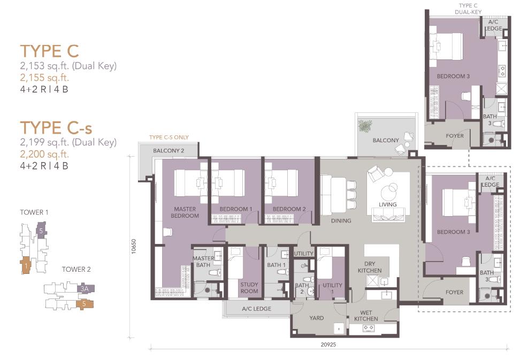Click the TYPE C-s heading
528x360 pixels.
(56, 128)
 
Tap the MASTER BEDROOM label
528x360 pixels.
(185, 212)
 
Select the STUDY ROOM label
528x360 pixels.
(249, 288)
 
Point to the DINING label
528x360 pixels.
(341, 220)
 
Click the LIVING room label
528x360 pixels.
(388, 204)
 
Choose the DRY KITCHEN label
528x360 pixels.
(370, 267)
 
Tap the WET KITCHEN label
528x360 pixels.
(366, 316)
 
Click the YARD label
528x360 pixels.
(317, 318)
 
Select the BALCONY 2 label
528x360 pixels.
(169, 150)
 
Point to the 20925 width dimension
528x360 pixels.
(328, 344)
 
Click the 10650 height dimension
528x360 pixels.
(133, 246)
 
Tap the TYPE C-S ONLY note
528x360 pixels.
(169, 137)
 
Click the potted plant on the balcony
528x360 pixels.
(365, 126)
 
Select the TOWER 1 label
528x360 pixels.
(34, 212)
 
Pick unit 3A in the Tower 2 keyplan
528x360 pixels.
(86, 289)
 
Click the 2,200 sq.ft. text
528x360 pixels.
(44, 154)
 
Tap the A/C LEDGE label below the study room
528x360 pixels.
(257, 309)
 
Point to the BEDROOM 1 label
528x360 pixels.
(236, 209)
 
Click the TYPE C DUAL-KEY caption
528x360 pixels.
(468, 9)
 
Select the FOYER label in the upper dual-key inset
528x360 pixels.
(455, 136)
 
